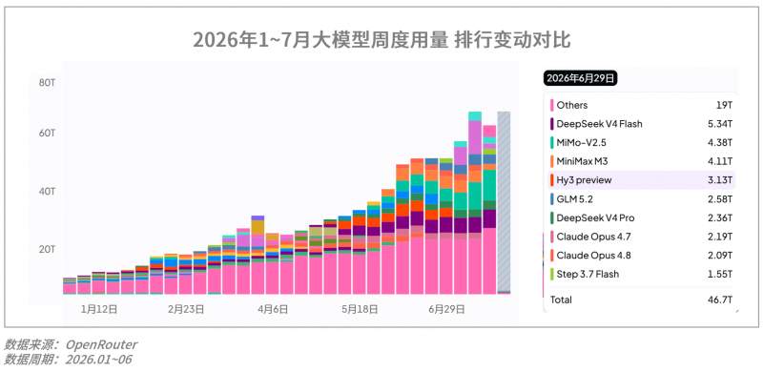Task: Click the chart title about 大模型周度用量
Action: pos(381,40)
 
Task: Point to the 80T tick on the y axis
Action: pos(47,83)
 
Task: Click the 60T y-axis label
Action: pos(47,133)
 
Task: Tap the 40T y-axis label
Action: pos(47,192)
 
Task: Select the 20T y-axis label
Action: pos(47,249)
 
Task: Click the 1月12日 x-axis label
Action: pos(99,309)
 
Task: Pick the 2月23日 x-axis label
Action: pos(186,309)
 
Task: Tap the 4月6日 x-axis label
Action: pos(273,309)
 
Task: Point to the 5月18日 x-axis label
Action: pos(361,309)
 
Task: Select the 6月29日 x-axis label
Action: pos(447,309)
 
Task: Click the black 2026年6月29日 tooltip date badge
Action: pos(580,78)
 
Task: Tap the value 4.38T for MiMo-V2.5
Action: pos(720,143)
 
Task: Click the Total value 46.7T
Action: pos(720,300)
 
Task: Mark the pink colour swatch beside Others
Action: pos(552,105)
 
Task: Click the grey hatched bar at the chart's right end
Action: pos(504,202)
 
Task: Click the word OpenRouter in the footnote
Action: pos(101,344)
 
